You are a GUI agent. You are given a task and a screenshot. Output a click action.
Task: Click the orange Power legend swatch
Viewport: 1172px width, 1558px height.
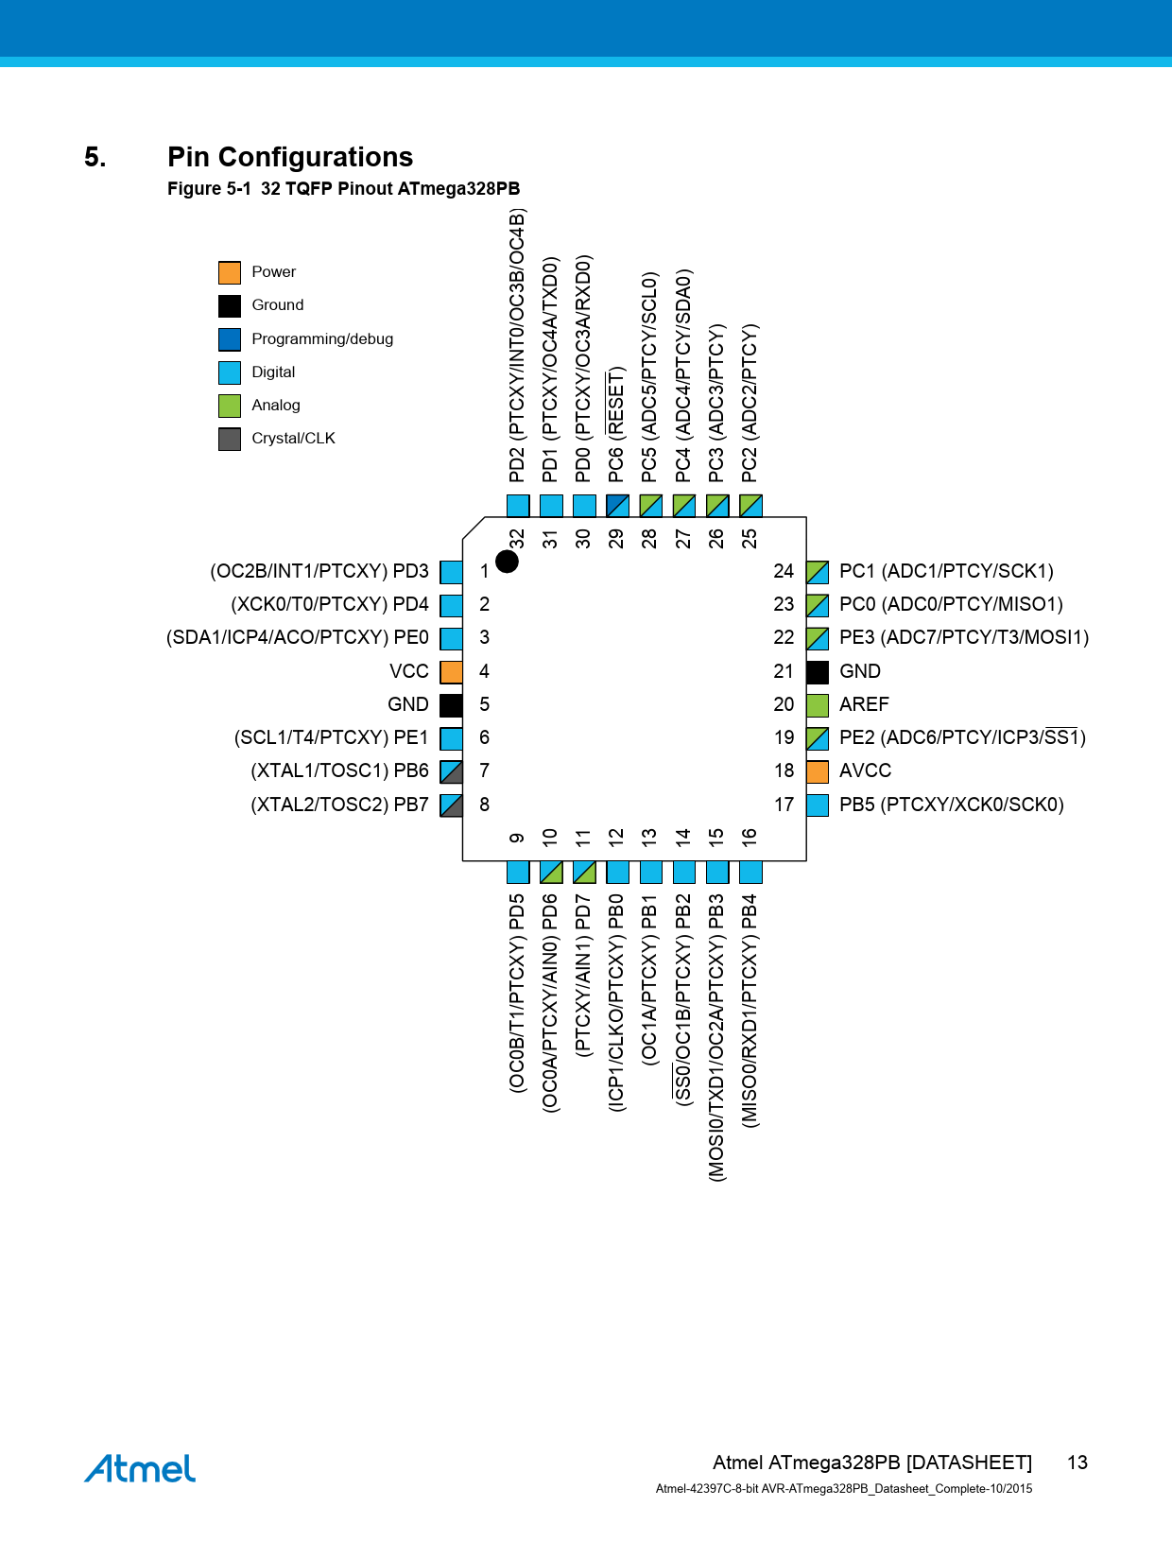click(229, 272)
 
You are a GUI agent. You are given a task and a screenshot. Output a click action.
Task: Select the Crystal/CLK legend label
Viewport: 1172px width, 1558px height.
click(293, 438)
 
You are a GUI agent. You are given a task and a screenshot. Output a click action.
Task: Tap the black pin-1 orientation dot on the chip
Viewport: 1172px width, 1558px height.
click(507, 562)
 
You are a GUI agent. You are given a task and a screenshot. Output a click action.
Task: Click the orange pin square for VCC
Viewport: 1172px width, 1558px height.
click(451, 671)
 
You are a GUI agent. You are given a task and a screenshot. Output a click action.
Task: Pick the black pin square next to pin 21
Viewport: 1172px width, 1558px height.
click(818, 671)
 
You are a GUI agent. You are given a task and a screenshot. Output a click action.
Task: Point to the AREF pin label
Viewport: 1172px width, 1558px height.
click(863, 704)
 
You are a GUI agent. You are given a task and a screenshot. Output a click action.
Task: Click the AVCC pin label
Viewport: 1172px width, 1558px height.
click(865, 770)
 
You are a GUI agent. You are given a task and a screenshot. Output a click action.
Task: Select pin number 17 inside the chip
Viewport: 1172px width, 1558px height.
click(784, 805)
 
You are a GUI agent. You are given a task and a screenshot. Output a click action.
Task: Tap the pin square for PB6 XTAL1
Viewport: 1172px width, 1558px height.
click(451, 771)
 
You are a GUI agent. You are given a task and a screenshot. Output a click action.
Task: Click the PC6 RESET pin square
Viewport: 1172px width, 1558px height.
click(617, 506)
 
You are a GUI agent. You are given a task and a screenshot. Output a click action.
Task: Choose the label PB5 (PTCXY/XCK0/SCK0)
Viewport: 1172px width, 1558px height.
click(952, 805)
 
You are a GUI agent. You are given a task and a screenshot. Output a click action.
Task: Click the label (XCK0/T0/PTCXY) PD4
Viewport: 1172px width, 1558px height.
click(330, 604)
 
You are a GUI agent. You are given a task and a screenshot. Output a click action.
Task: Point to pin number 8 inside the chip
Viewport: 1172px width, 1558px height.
click(485, 805)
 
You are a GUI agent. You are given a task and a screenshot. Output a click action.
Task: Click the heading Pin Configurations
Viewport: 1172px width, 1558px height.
click(290, 157)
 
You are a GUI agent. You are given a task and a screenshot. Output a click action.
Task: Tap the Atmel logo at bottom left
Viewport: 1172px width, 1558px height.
click(140, 1468)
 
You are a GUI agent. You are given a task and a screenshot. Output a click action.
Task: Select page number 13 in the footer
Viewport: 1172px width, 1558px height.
click(1077, 1463)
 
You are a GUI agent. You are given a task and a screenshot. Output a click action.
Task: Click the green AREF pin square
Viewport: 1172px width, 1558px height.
click(818, 705)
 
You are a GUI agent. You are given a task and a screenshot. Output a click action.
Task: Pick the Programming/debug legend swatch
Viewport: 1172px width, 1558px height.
click(229, 339)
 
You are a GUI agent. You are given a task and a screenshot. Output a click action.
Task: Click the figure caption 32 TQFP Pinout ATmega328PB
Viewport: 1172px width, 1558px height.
click(390, 189)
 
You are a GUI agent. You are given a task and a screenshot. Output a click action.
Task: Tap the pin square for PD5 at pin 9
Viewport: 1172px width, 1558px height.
click(518, 873)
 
